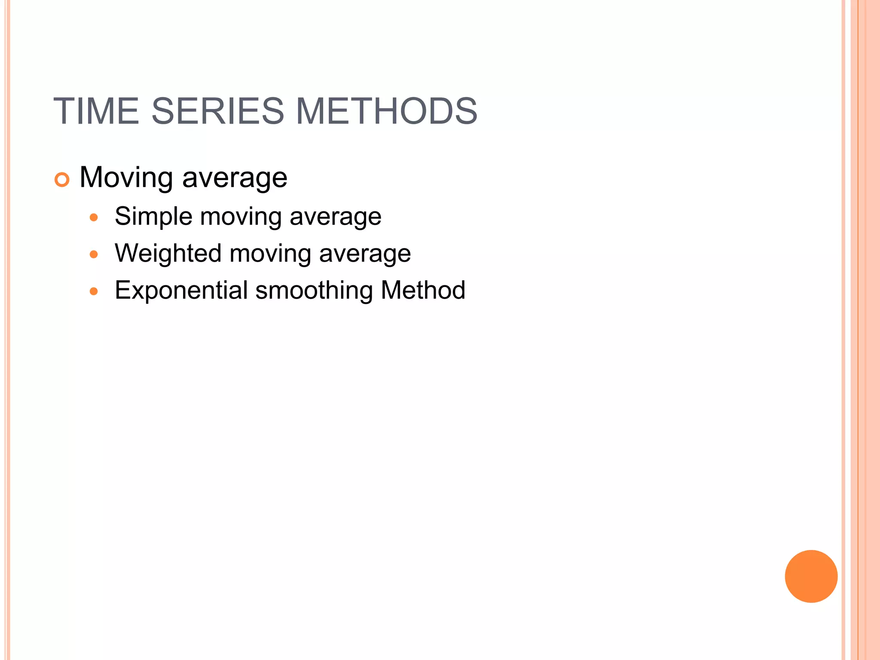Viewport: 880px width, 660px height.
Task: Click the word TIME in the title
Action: (x=96, y=111)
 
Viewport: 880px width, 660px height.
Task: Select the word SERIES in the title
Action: (x=218, y=111)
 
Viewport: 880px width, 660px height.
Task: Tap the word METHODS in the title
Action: (x=386, y=111)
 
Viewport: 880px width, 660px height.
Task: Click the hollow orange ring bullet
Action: (x=62, y=180)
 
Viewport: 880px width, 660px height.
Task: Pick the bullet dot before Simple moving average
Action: (x=94, y=217)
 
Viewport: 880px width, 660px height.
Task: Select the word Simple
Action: (x=153, y=217)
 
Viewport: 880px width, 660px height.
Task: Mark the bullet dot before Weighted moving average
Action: (x=94, y=254)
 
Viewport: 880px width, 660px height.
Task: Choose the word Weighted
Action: (x=168, y=254)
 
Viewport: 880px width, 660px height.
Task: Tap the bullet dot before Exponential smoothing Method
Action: (x=94, y=291)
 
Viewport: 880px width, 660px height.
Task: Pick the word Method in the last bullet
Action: (x=423, y=290)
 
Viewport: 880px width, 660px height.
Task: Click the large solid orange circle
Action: (x=811, y=576)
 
